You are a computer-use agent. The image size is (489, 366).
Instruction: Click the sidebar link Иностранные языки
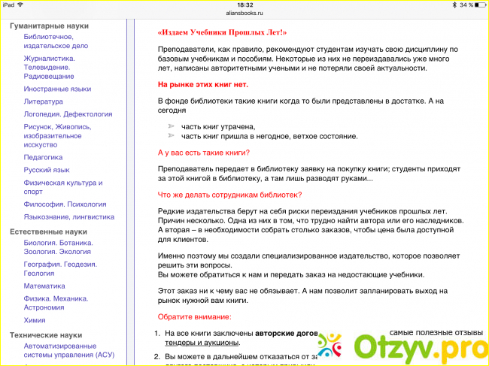click(x=57, y=89)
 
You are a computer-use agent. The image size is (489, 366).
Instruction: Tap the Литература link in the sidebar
click(x=43, y=101)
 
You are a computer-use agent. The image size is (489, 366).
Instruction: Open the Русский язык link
click(x=47, y=170)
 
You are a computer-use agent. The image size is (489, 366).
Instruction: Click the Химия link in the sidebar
click(x=35, y=319)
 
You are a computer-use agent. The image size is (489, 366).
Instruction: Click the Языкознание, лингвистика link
click(x=68, y=216)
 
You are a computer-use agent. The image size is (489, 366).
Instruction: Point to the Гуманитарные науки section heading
click(x=49, y=26)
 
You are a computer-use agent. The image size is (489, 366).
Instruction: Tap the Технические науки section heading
click(x=47, y=335)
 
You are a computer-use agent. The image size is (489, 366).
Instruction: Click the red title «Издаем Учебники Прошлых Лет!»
click(x=223, y=33)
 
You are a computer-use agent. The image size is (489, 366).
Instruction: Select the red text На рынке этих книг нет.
click(x=202, y=84)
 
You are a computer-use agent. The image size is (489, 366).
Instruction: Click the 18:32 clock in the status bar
click(x=244, y=5)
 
